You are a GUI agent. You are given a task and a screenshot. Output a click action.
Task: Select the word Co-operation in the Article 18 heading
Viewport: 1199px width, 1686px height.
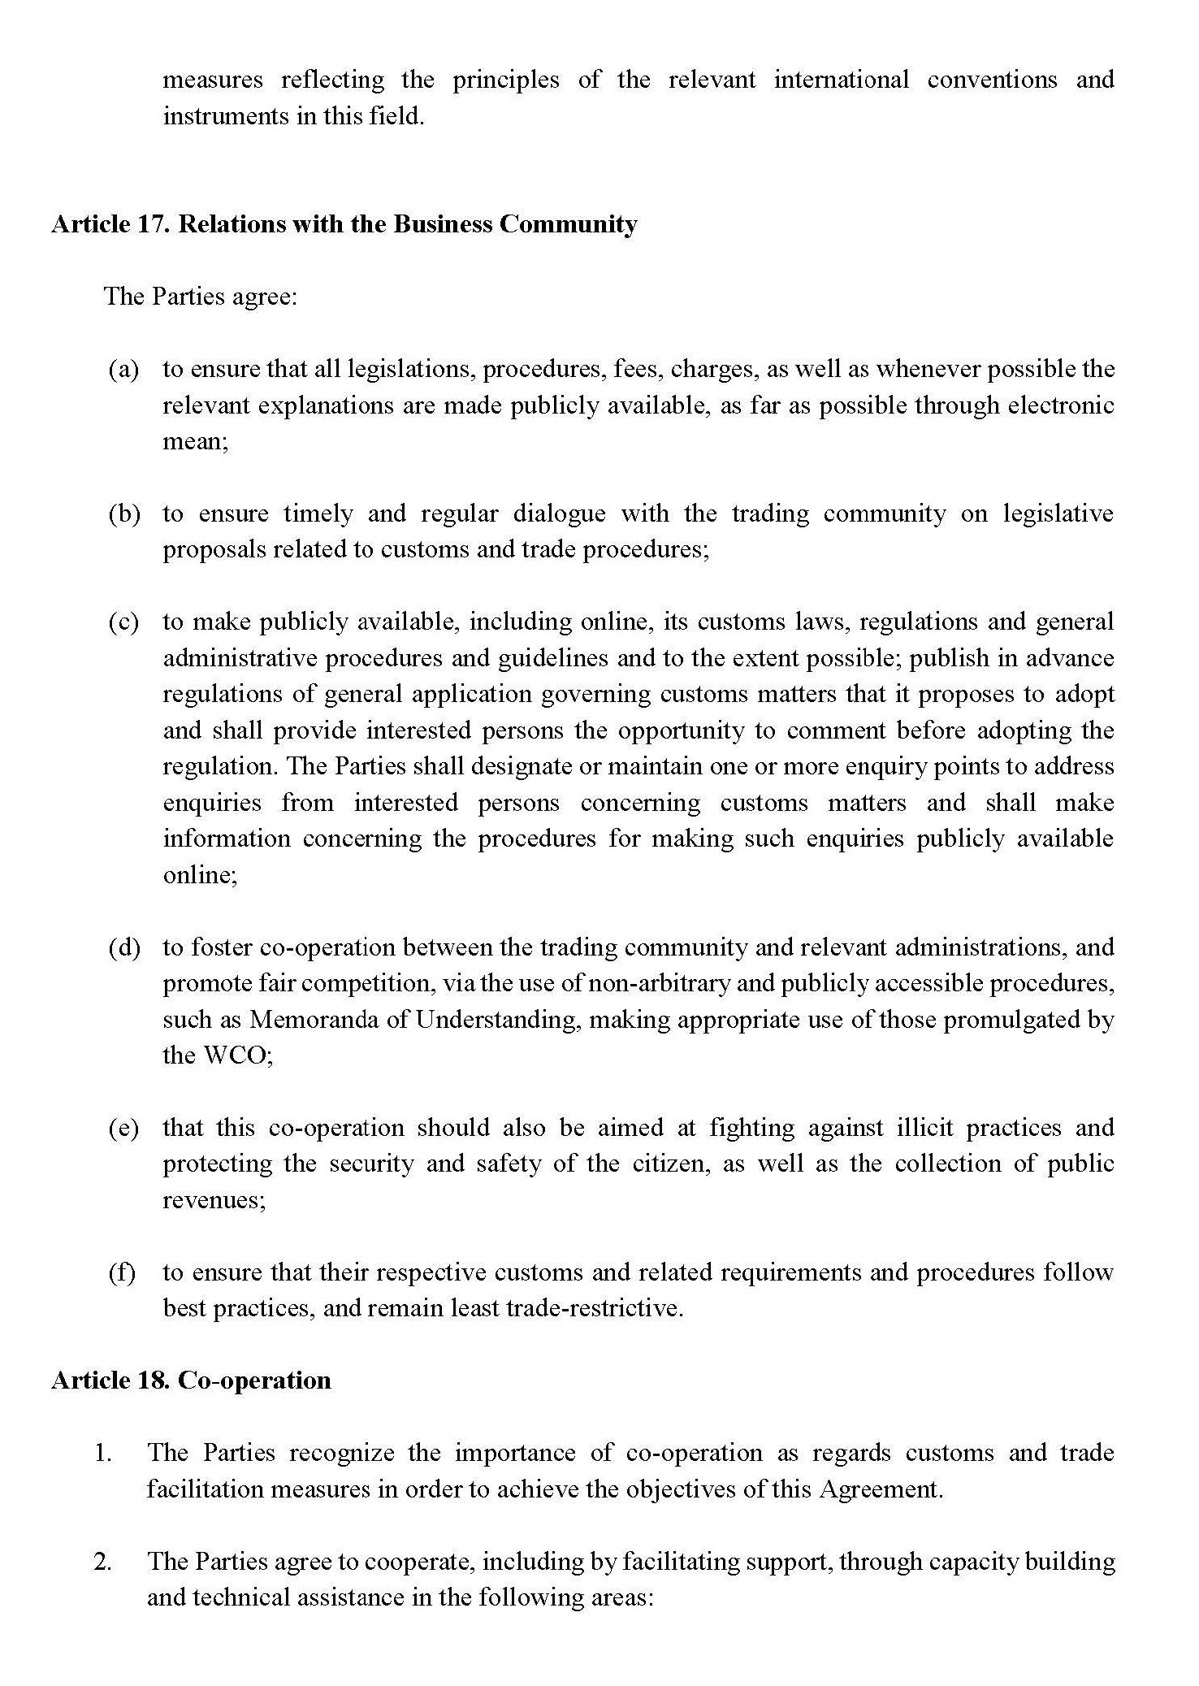tap(254, 1380)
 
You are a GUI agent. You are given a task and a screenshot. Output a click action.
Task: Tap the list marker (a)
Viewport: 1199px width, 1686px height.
tap(123, 370)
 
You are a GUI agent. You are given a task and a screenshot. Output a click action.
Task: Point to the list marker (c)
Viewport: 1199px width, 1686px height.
tap(123, 622)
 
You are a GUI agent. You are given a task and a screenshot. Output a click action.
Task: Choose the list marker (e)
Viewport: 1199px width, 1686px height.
tap(123, 1128)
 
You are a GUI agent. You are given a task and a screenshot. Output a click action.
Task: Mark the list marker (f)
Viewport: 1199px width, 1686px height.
tap(122, 1272)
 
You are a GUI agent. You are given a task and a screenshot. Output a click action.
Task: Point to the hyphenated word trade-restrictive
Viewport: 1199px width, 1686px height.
tap(593, 1309)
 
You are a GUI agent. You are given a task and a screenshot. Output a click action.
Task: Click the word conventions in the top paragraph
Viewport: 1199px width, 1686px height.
tap(992, 80)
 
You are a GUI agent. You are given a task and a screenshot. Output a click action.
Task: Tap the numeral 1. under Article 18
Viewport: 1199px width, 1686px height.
tap(103, 1453)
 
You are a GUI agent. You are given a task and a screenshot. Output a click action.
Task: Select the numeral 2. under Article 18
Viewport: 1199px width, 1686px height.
tap(103, 1562)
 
